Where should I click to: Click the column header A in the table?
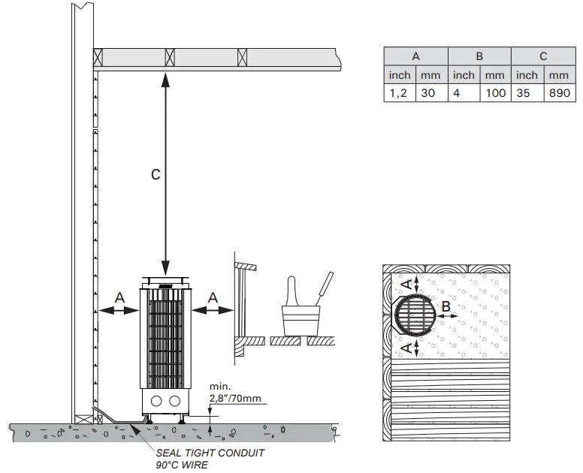415,56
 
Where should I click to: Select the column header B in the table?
479,56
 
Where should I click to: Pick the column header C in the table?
542,56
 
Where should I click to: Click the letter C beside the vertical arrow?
155,174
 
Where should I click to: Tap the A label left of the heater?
119,298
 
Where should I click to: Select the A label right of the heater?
213,298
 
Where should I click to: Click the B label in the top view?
446,306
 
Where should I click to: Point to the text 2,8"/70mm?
237,398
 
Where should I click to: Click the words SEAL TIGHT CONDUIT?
210,453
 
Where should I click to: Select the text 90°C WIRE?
182,465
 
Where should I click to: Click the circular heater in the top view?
415,315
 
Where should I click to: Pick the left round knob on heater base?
157,400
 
